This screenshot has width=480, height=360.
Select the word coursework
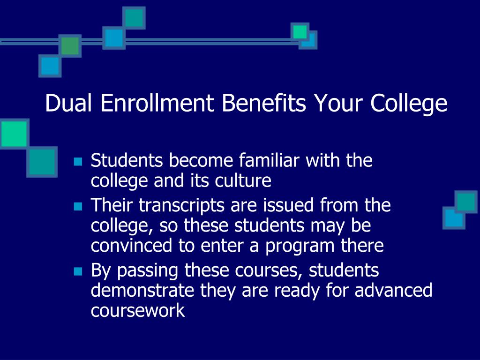pos(138,311)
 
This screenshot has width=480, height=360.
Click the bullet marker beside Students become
pos(78,162)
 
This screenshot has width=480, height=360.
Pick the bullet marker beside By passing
pos(78,271)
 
